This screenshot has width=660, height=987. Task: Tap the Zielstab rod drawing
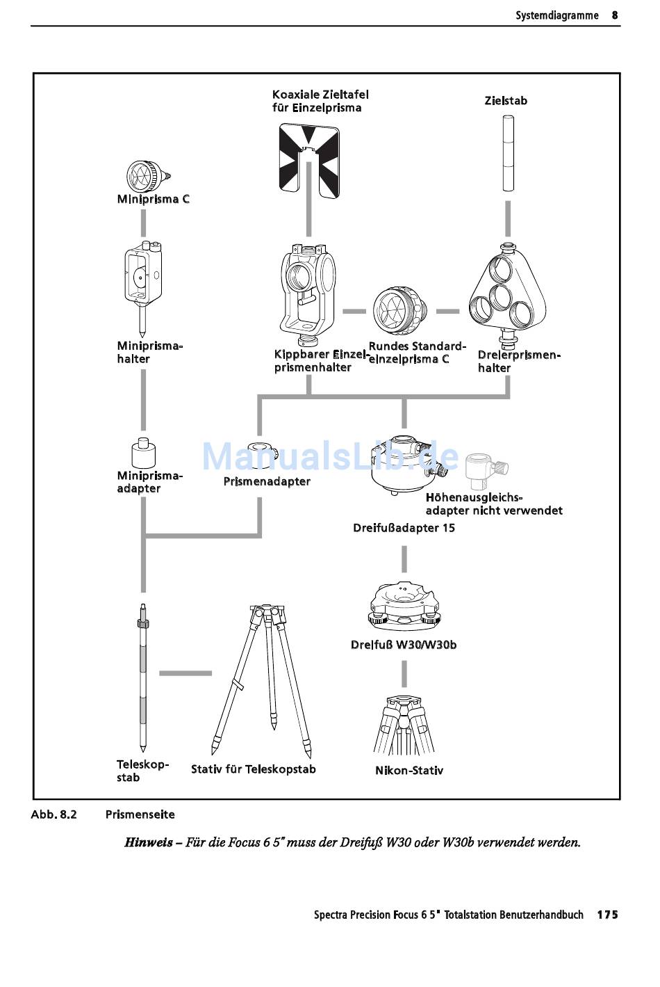click(508, 153)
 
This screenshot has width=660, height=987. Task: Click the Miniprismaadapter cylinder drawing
click(143, 454)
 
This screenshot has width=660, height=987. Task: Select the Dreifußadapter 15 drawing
click(404, 464)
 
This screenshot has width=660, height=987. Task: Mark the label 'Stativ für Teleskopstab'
click(254, 769)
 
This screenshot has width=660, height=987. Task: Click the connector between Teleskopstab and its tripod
click(185, 673)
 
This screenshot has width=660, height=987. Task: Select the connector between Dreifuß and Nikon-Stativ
click(404, 673)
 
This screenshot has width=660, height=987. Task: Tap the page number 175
click(607, 915)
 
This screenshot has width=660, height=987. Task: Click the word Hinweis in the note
click(148, 842)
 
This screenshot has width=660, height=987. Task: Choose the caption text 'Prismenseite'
click(140, 815)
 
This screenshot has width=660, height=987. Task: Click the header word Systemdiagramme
click(556, 15)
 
